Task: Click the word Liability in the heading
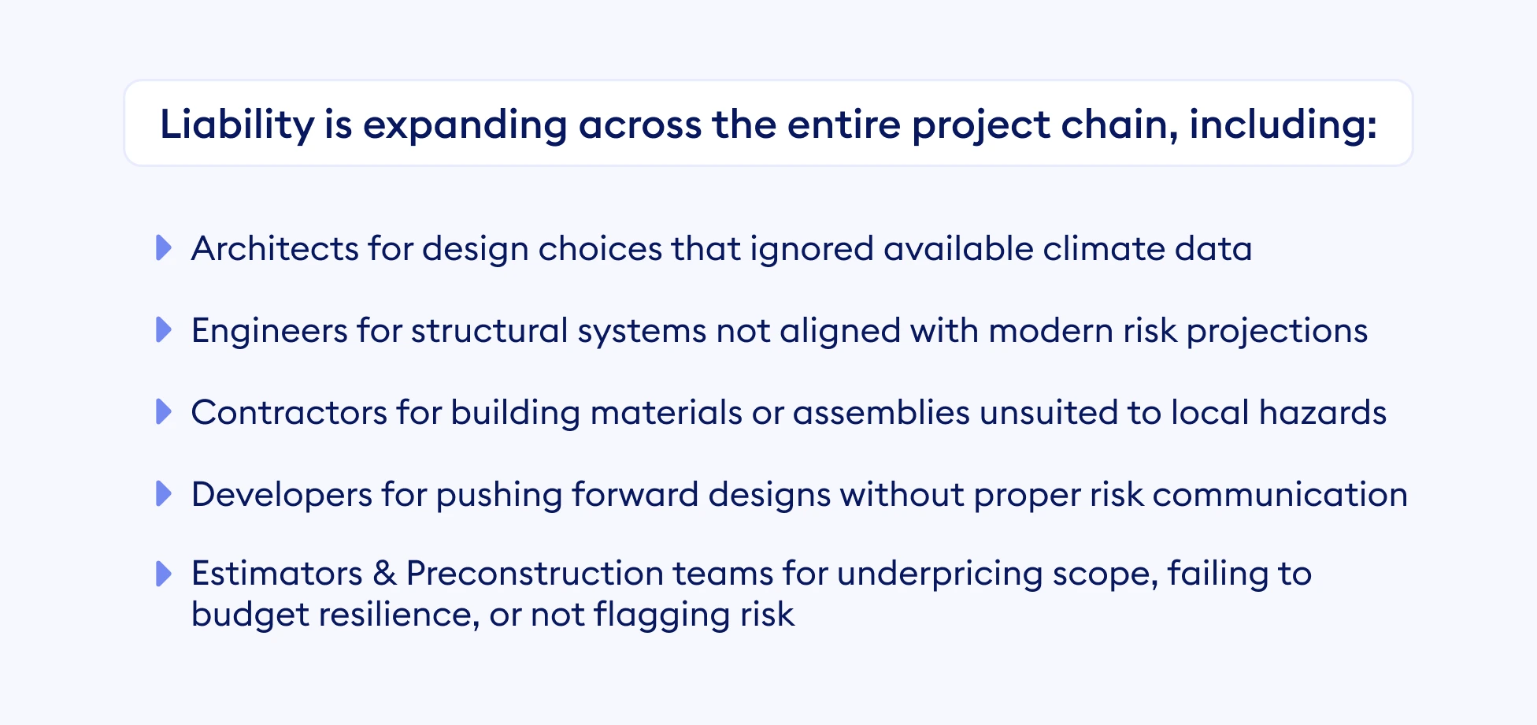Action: click(236, 125)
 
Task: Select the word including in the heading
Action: click(1281, 125)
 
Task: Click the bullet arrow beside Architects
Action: click(164, 248)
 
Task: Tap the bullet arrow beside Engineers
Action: click(164, 330)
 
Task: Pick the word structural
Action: click(489, 331)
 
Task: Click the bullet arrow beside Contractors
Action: click(164, 412)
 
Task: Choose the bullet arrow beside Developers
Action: click(164, 494)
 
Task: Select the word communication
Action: click(1280, 495)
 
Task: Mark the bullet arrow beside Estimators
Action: click(164, 574)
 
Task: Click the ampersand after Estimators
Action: click(384, 574)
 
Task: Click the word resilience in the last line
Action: click(398, 615)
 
